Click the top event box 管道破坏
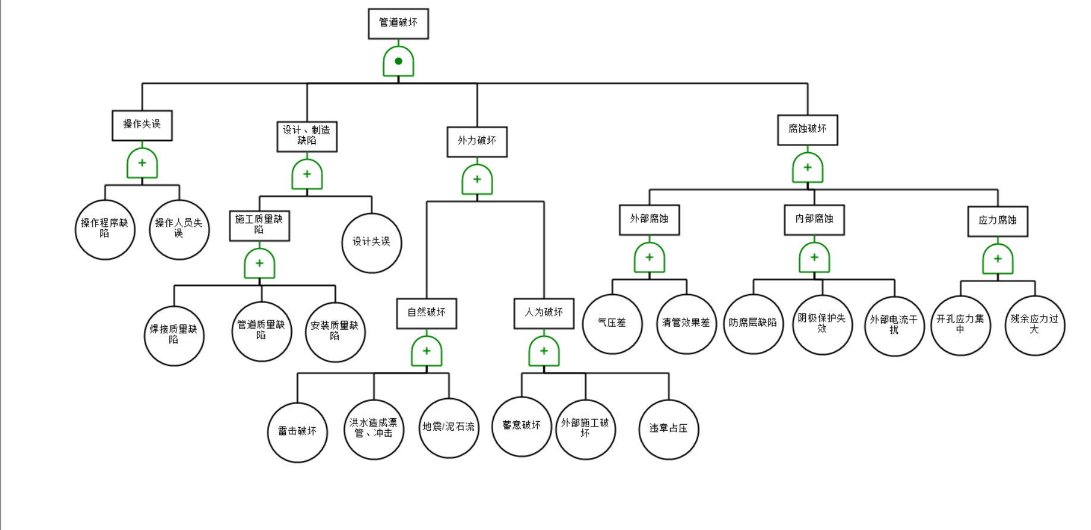pos(398,24)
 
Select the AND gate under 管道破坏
pos(398,61)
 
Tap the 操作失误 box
pos(142,125)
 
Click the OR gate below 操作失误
pos(142,163)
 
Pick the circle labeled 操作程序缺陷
pos(105,229)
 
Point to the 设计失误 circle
pos(371,242)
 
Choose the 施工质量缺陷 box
pos(259,225)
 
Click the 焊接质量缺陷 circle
pos(174,336)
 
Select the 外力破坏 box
pos(477,141)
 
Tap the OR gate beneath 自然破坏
pos(427,351)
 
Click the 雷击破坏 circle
pos(297,432)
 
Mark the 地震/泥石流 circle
pos(449,428)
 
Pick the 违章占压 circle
pos(669,429)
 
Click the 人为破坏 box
pos(544,313)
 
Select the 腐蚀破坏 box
pos(807,130)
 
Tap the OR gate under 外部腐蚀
pos(649,258)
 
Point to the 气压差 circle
pos(612,324)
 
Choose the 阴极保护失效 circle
pos(822,324)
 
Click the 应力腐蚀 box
pos(997,221)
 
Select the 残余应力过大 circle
pos(1035,325)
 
